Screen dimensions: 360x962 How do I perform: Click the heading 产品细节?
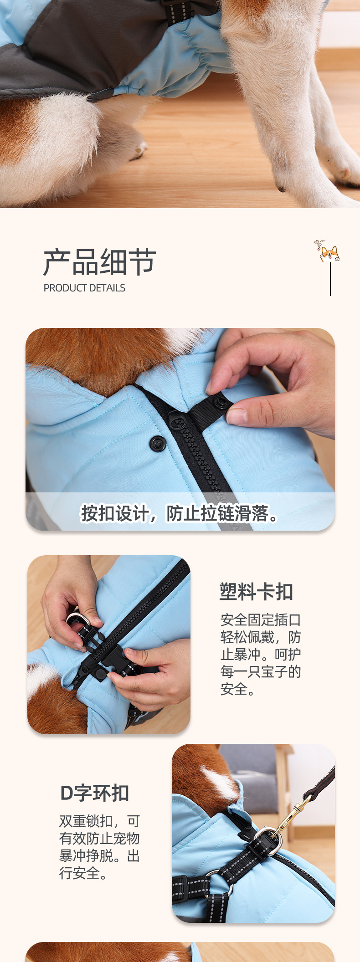point(100,262)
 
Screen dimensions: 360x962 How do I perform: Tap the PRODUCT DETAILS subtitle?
point(84,288)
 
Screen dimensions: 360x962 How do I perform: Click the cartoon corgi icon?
point(328,251)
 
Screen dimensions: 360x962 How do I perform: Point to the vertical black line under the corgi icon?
point(330,279)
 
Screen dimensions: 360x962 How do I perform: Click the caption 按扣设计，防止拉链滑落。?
point(180,513)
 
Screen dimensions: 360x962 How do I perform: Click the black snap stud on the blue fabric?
point(158,443)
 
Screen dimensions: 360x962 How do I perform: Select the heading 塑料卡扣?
point(256,591)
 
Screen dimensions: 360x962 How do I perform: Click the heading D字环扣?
point(95,793)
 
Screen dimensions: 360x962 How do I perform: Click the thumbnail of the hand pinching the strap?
point(180,429)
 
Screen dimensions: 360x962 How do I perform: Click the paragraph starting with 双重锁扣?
point(99,847)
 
